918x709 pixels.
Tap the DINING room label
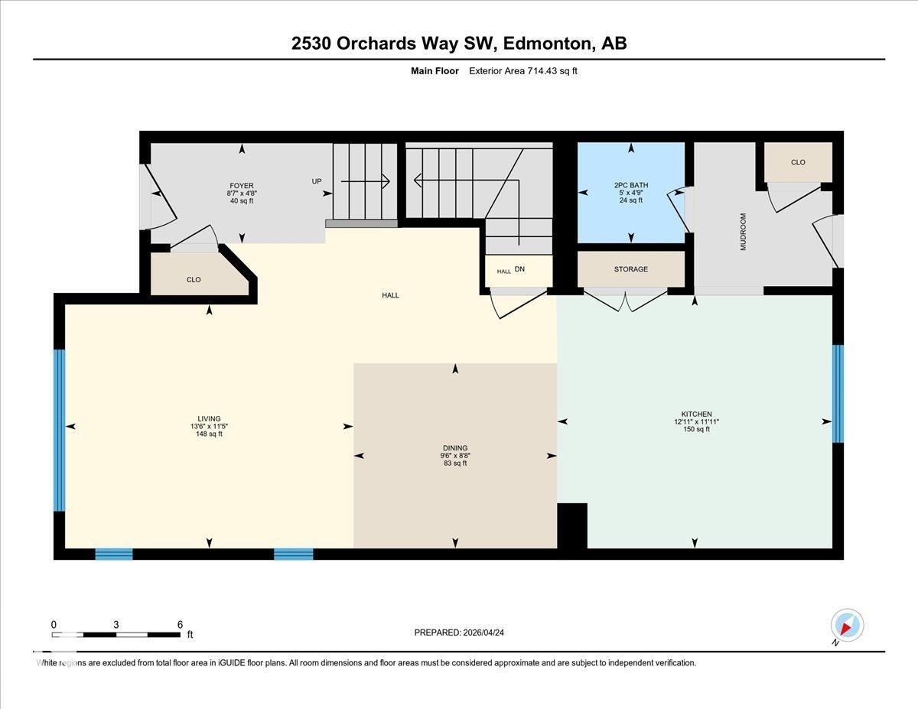454,448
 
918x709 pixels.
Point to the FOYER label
241,186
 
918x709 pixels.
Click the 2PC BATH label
630,185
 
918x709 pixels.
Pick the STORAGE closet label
630,269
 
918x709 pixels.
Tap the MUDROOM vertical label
743,232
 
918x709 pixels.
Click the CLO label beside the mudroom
798,162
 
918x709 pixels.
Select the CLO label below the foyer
194,280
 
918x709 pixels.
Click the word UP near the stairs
317,181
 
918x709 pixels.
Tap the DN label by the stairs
519,270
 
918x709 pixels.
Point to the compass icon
847,625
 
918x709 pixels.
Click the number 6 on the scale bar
180,624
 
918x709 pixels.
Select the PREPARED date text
460,633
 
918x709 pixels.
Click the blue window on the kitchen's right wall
838,393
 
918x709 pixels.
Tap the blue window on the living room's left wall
59,430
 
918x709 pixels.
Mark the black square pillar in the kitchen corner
572,525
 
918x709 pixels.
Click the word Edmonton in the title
546,44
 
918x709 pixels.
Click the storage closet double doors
626,300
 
